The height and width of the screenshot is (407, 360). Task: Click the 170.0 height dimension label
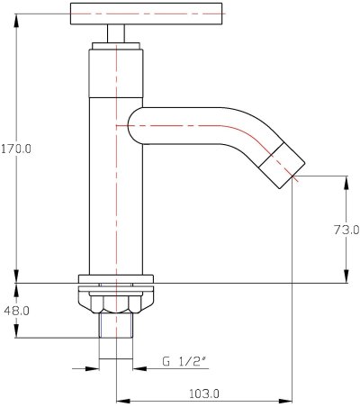[16, 149]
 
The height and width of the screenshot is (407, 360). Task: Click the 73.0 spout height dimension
[346, 231]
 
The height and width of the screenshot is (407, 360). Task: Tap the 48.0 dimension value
[17, 311]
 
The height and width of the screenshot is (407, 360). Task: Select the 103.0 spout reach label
[204, 393]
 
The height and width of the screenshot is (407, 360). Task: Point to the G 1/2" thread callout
[184, 361]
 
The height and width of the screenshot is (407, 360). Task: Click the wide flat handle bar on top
[147, 14]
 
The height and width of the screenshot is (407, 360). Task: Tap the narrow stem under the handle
[116, 33]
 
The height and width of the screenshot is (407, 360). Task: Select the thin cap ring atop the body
[116, 46]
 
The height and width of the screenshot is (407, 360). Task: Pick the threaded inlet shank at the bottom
[116, 325]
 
